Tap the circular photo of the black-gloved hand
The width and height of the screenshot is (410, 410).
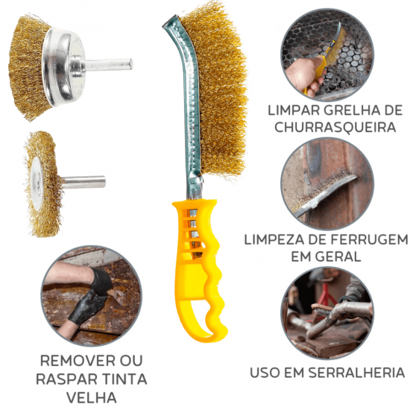90,295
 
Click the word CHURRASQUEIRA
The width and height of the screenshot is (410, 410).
335,127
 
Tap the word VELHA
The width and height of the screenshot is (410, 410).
90,397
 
